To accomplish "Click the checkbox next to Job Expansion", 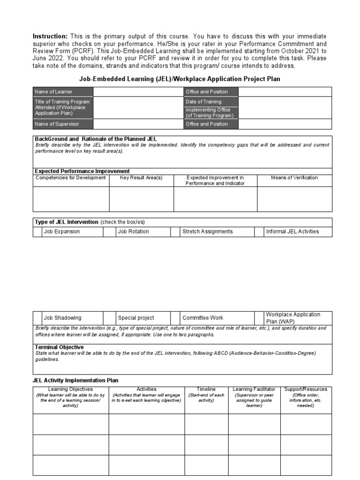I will (37, 232).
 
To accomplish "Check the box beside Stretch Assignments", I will (175, 232).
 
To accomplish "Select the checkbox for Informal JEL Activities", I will (259, 232).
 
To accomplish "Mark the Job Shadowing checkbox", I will (37, 318).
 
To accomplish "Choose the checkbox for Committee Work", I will (175, 318).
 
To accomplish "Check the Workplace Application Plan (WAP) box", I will (259, 318).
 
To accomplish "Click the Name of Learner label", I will (54, 92).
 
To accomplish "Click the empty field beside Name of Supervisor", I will (138, 124).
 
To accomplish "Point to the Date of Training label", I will (203, 102).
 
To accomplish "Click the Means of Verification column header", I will (294, 178).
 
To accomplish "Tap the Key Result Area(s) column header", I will (141, 178).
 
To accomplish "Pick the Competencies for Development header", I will (71, 178).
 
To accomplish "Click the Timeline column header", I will (206, 390).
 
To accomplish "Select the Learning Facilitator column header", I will (254, 390).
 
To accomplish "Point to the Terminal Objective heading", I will (60, 347).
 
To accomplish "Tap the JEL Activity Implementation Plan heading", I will (75, 380).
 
